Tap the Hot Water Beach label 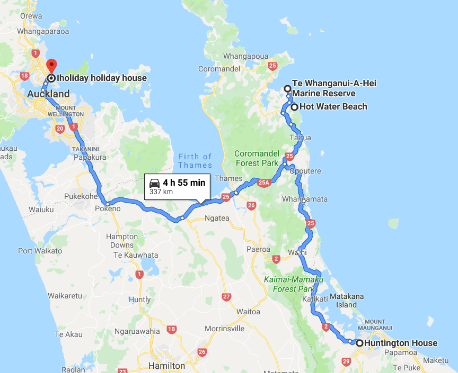pos(333,107)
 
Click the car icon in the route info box pos(155,183)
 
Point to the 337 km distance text pos(161,192)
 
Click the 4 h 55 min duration pos(183,183)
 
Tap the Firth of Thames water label pos(195,160)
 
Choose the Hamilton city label pos(166,366)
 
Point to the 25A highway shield pos(263,183)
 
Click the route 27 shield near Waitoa pos(227,297)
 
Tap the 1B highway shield pos(171,329)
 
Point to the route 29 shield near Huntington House pos(347,362)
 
